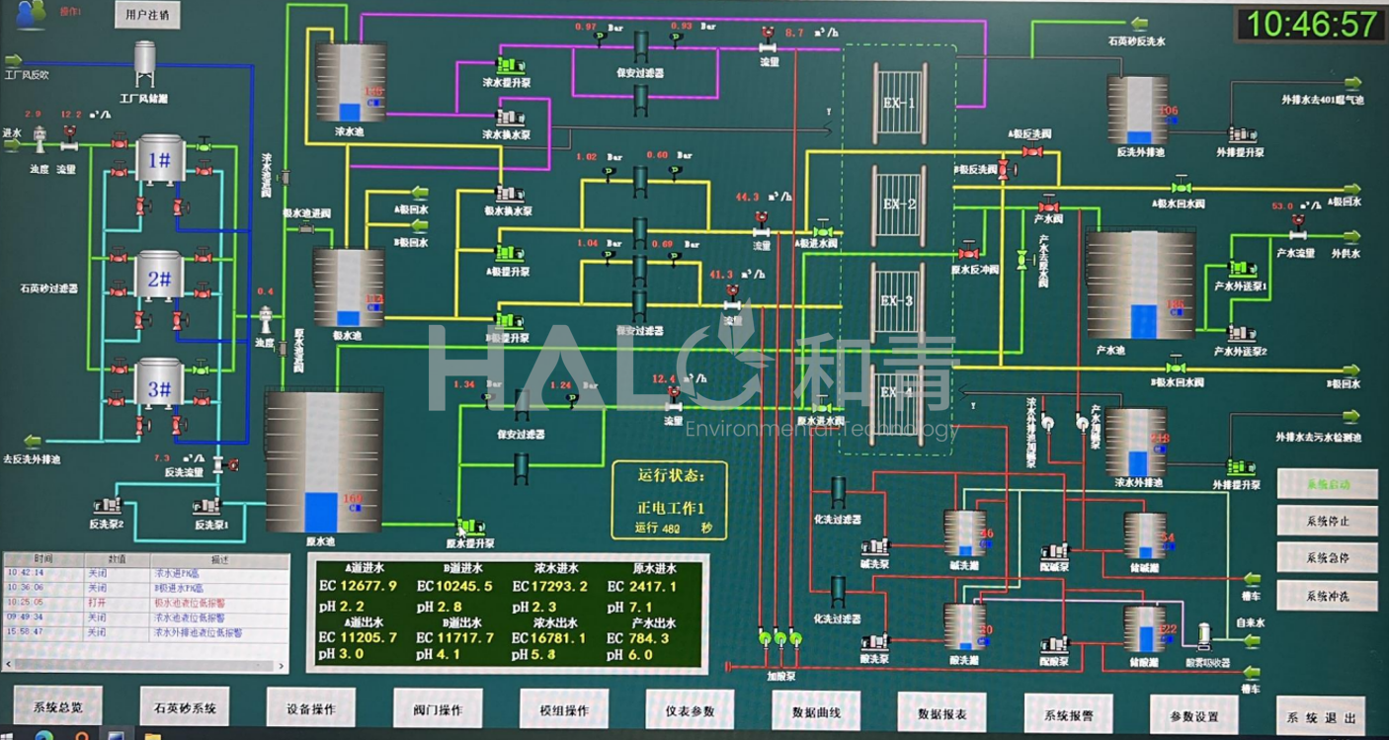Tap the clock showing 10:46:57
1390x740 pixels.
(x=1311, y=24)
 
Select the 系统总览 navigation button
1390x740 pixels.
(x=57, y=707)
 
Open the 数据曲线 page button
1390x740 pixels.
(x=816, y=710)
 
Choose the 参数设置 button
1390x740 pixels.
(x=1193, y=715)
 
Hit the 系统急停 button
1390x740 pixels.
(x=1327, y=557)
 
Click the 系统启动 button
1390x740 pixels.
(x=1327, y=484)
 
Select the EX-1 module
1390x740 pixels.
(x=899, y=103)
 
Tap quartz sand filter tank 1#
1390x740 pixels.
(x=160, y=160)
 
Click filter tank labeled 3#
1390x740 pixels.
(x=160, y=388)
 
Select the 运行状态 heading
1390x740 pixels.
(x=671, y=475)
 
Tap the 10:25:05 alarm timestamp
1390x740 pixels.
(x=26, y=602)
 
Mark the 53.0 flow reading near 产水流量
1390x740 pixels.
(x=1282, y=207)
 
